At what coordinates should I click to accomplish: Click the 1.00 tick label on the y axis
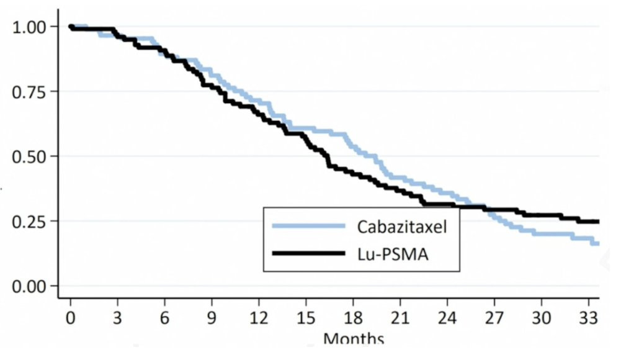[30, 27]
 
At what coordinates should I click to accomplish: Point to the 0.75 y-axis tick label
[30, 91]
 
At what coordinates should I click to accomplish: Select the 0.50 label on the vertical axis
[30, 156]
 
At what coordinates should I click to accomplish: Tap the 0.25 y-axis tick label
[30, 221]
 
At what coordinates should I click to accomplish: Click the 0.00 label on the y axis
[30, 286]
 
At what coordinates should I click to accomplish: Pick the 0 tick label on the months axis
[71, 318]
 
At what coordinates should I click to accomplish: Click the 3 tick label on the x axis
[118, 318]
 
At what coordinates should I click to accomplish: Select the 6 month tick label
[165, 318]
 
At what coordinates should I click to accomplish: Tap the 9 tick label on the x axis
[212, 318]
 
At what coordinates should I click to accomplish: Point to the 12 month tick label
[259, 318]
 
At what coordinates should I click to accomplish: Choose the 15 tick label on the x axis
[306, 318]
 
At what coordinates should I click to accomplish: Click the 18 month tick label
[353, 318]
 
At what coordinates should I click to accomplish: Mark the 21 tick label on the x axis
[400, 318]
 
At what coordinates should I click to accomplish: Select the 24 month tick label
[447, 318]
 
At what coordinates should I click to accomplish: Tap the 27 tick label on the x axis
[494, 318]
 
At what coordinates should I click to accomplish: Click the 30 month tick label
[542, 318]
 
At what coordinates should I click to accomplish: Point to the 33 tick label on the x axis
[588, 318]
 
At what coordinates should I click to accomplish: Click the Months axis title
[353, 339]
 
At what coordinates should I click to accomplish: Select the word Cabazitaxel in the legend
[401, 226]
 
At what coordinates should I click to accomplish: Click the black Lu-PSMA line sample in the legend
[308, 253]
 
